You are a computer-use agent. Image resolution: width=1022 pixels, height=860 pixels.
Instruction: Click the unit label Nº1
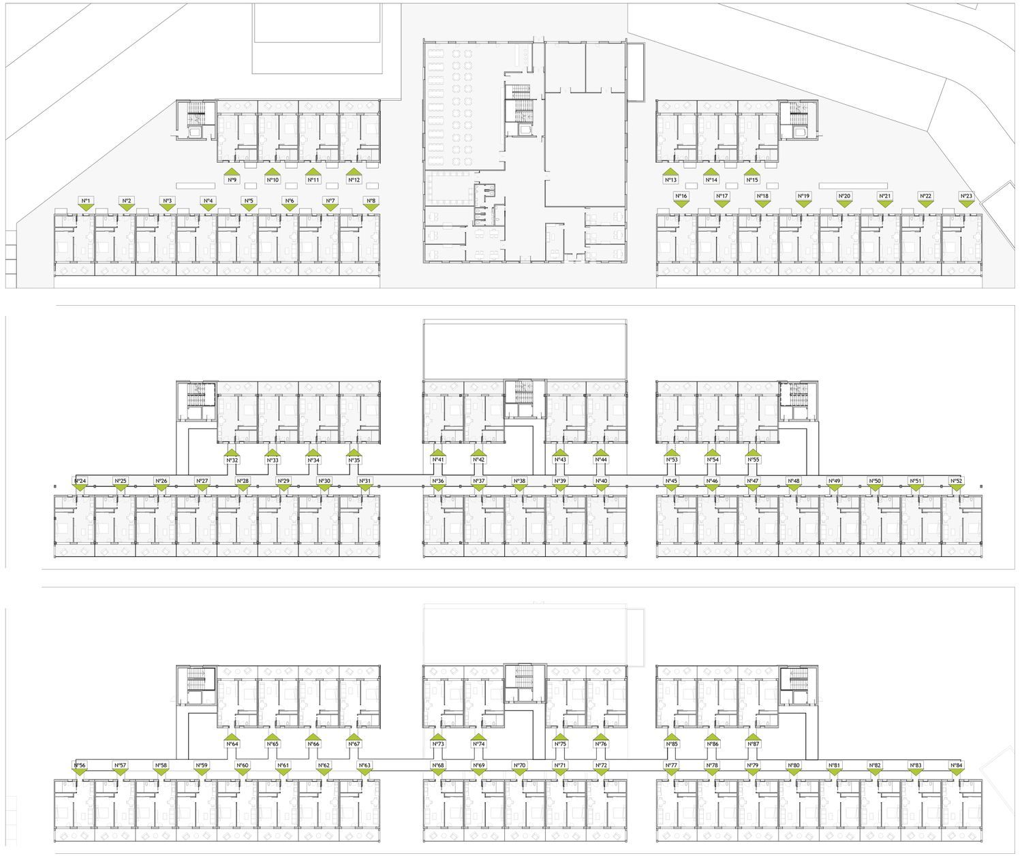pyautogui.click(x=86, y=201)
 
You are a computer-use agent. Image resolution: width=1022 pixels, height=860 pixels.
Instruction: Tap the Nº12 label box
pyautogui.click(x=354, y=180)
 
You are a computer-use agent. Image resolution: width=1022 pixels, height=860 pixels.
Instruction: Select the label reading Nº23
pyautogui.click(x=966, y=196)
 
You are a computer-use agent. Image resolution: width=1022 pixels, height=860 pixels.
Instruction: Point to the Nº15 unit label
pyautogui.click(x=752, y=180)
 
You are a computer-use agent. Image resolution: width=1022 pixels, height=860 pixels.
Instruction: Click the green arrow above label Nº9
pyautogui.click(x=232, y=172)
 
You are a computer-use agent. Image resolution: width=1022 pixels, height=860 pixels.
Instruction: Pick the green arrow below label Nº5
pyautogui.click(x=249, y=208)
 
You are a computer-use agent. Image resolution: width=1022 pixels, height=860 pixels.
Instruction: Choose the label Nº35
pyautogui.click(x=354, y=460)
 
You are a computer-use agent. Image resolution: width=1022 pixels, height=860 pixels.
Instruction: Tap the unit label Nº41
pyautogui.click(x=437, y=460)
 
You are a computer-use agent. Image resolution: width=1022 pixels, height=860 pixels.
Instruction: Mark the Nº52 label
pyautogui.click(x=956, y=481)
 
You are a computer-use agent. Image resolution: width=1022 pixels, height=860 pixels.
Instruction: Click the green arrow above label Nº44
pyautogui.click(x=600, y=453)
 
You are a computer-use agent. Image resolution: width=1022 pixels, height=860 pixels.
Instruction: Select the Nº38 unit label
pyautogui.click(x=519, y=481)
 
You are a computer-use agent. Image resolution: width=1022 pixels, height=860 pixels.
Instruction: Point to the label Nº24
pyautogui.click(x=80, y=481)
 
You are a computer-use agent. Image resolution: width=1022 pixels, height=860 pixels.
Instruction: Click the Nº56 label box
pyautogui.click(x=80, y=765)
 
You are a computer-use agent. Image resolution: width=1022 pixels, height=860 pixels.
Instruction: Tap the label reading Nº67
pyautogui.click(x=354, y=744)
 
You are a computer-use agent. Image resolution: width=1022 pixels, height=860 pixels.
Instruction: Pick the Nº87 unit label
pyautogui.click(x=753, y=744)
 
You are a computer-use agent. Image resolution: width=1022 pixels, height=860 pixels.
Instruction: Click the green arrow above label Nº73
pyautogui.click(x=438, y=736)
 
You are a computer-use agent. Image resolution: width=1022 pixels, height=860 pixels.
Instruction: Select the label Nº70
pyautogui.click(x=519, y=765)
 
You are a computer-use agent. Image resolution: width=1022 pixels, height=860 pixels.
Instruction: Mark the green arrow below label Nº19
pyautogui.click(x=803, y=204)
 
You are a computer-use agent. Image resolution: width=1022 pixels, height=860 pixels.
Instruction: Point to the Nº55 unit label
pyautogui.click(x=753, y=460)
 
